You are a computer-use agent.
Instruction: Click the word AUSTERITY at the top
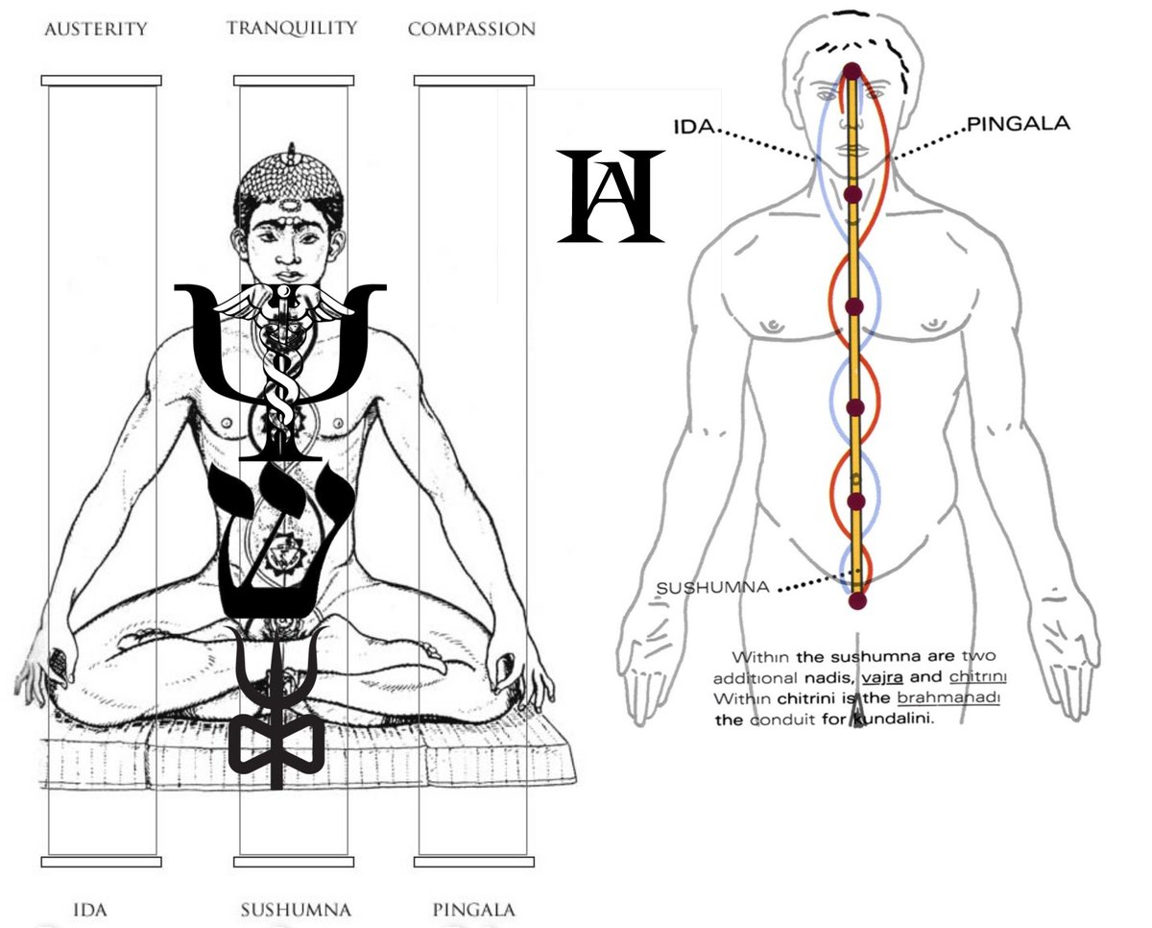coord(96,29)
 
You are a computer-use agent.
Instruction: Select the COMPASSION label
coord(471,29)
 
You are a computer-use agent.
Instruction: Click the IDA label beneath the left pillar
coord(89,909)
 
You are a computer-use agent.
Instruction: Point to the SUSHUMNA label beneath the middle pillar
coord(295,909)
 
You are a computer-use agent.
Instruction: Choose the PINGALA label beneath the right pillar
coord(473,909)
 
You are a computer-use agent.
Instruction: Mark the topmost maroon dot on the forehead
coord(852,70)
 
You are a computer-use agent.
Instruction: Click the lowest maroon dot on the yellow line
coord(857,600)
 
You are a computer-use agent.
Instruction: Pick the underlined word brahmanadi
coord(948,698)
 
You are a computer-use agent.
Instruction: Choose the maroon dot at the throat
coord(852,195)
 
